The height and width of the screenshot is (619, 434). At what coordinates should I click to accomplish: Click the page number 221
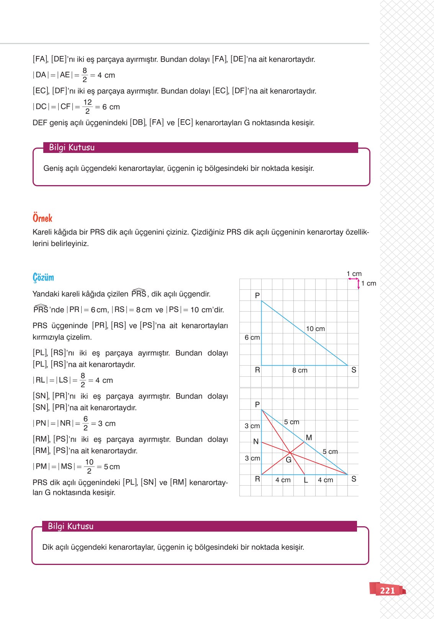pos(387,590)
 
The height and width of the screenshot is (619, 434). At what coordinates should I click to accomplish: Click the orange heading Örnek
pos(42,218)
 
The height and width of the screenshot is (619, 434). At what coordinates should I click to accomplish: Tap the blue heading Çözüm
pos(43,277)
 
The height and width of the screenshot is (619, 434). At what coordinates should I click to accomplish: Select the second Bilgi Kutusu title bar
pos(199,526)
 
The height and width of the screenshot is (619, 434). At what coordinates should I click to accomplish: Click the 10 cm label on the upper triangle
pos(315,328)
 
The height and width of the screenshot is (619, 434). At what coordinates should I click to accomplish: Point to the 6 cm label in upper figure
pos(252,337)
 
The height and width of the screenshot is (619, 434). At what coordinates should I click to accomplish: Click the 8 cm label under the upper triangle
pos(300,370)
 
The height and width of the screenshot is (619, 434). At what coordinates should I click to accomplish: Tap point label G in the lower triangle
pos(288,460)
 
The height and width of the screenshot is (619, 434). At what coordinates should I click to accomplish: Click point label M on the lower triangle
pos(309,437)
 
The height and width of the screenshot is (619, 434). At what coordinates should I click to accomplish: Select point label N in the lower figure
pos(256,442)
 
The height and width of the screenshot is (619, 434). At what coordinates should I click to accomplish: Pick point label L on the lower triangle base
pos(306,480)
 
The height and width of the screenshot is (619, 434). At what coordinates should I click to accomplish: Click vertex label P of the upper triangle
pos(257,296)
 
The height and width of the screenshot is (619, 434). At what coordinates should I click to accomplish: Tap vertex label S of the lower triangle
pos(354,479)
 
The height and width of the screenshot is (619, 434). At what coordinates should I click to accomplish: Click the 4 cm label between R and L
pos(283,480)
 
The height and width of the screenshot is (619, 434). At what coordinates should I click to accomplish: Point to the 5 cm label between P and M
pos(292,422)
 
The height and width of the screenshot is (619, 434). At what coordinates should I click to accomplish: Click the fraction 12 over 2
pos(87,107)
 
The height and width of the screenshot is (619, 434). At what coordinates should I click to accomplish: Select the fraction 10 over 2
pos(89,466)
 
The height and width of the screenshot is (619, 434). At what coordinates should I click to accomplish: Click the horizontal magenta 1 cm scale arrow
pos(353,279)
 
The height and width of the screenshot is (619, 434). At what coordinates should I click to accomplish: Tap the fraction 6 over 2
pos(85,423)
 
